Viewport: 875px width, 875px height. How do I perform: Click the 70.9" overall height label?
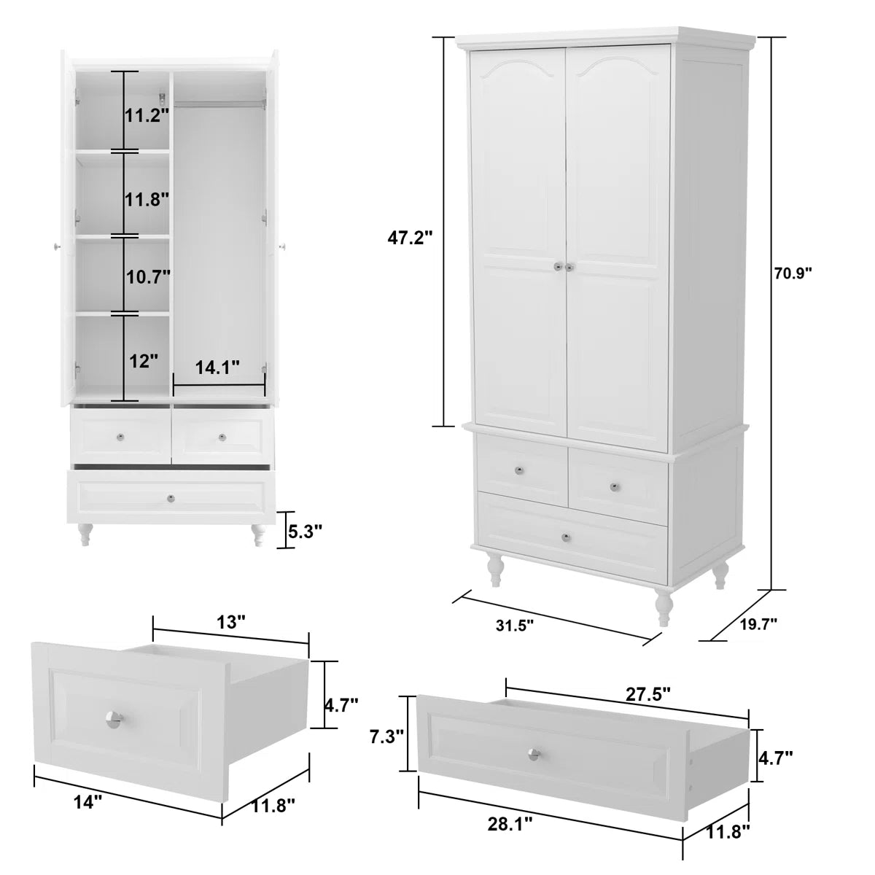click(793, 273)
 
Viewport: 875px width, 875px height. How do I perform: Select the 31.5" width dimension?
click(515, 625)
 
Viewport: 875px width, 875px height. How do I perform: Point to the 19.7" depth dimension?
click(758, 623)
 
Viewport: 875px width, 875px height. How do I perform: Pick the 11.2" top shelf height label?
click(147, 114)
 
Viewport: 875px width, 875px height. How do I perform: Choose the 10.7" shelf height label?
click(148, 276)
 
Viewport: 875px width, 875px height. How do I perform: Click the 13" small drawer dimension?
click(232, 622)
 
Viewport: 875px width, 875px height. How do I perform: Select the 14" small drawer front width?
click(87, 802)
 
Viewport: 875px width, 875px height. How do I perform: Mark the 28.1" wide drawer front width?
click(510, 824)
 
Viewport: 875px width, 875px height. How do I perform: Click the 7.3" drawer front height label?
click(386, 736)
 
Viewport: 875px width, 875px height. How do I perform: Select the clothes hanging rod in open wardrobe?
click(219, 103)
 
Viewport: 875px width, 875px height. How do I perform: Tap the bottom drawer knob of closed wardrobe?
click(566, 537)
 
